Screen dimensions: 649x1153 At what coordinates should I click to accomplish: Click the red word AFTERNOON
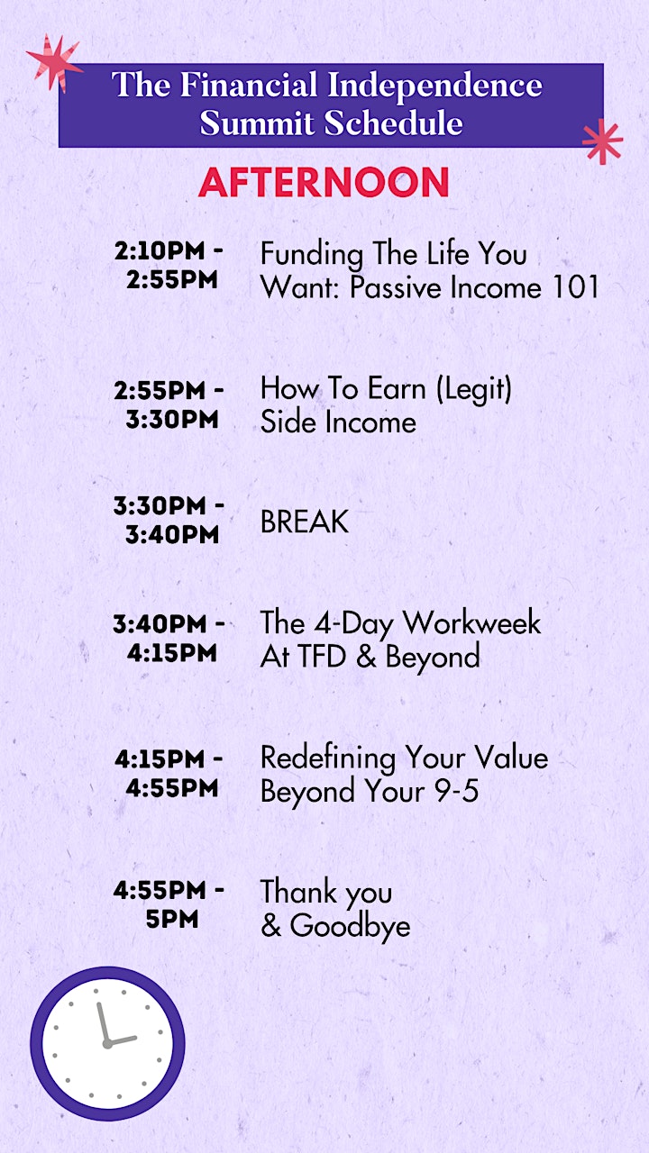pyautogui.click(x=324, y=182)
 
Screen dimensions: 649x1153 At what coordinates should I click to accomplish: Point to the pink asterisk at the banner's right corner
pyautogui.click(x=602, y=141)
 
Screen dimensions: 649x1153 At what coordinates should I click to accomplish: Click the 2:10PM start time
pyautogui.click(x=160, y=251)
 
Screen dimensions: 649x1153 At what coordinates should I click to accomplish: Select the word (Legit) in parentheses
pyautogui.click(x=474, y=388)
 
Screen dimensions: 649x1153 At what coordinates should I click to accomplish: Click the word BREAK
pyautogui.click(x=305, y=522)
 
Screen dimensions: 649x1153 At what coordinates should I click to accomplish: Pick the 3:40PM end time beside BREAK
pyautogui.click(x=172, y=535)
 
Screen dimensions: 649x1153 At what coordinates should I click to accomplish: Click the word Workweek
pyautogui.click(x=471, y=622)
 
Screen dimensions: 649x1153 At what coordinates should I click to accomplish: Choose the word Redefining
pyautogui.click(x=328, y=758)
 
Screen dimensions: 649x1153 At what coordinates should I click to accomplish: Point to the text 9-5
pyautogui.click(x=457, y=791)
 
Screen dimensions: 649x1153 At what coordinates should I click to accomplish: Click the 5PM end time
pyautogui.click(x=172, y=920)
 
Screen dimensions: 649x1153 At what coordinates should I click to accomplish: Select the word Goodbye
pyautogui.click(x=351, y=926)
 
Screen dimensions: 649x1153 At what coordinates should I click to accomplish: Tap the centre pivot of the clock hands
pyautogui.click(x=107, y=1044)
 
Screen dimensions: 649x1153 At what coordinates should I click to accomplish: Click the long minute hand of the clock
pyautogui.click(x=102, y=1022)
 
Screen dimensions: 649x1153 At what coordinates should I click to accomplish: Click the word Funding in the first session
pyautogui.click(x=312, y=254)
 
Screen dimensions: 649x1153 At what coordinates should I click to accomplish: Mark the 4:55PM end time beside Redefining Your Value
pyautogui.click(x=172, y=788)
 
